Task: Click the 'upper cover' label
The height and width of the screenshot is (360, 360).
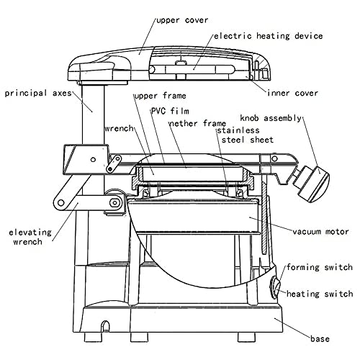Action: click(182, 20)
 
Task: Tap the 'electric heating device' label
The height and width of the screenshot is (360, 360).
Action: click(269, 36)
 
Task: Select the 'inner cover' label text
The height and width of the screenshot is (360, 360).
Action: click(293, 93)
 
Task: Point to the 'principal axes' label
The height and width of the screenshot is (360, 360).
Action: click(38, 94)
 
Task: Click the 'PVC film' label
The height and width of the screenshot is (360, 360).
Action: click(170, 111)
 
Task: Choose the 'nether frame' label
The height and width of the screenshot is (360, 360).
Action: click(198, 124)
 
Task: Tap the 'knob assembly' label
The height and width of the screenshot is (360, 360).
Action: click(271, 118)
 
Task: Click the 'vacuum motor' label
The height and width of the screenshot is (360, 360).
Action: click(320, 232)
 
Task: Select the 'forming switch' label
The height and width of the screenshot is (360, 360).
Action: click(320, 267)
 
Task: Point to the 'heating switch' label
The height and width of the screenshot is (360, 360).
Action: click(320, 294)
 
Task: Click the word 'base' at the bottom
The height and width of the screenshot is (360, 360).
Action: click(320, 339)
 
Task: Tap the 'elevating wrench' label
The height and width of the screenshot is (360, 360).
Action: click(30, 237)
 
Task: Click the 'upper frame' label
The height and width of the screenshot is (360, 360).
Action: click(161, 96)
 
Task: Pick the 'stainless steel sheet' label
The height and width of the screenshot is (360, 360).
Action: click(245, 135)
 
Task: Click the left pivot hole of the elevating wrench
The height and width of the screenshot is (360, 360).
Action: click(61, 203)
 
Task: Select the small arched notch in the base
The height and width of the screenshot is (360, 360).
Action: click(104, 326)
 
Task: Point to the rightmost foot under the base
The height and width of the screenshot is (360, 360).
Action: click(246, 337)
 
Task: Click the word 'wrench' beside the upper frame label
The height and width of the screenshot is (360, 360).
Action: click(119, 128)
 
